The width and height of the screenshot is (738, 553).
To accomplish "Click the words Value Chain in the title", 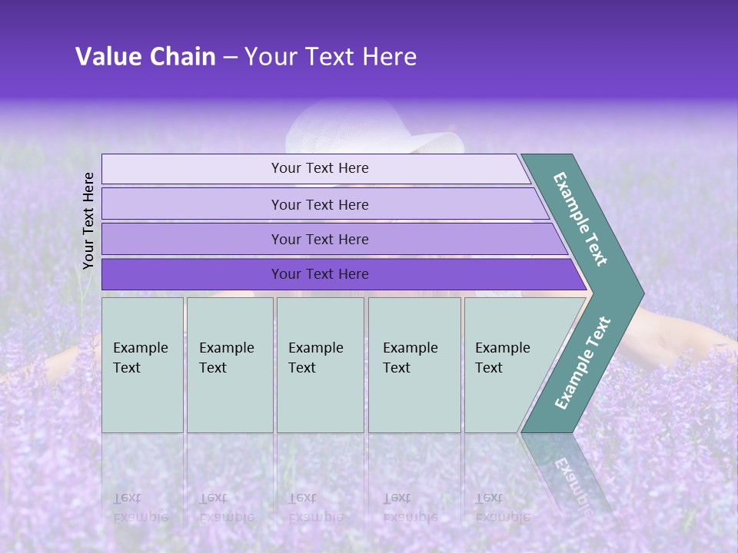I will point(145,57).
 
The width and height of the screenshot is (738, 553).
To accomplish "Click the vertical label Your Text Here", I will point(88,220).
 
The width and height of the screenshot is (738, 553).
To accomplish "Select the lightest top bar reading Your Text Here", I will point(320,168).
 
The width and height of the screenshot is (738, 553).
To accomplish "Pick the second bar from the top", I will point(320,204).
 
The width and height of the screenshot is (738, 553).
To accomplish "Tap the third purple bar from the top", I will point(320,239).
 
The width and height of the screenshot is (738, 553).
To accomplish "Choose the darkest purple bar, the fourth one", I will point(320,274).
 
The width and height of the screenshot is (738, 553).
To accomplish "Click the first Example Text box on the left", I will point(142,365).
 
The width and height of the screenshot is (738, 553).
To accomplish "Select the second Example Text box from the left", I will point(229,365).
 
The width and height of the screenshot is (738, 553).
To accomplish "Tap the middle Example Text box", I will point(320,365).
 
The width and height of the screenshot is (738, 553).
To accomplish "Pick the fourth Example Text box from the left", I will point(414,365).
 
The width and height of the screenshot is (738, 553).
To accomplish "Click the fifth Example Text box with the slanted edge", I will point(507,365).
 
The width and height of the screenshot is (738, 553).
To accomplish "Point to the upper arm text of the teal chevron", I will point(580,219).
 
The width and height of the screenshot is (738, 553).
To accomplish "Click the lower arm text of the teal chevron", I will point(582,363).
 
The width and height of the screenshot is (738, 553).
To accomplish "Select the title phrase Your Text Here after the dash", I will point(331,57).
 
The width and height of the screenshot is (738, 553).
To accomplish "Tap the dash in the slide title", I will point(230,57).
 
